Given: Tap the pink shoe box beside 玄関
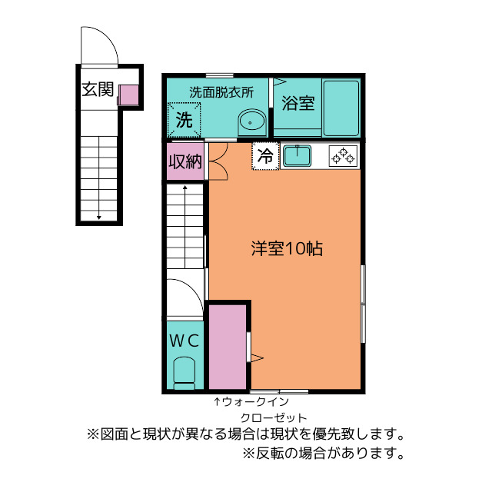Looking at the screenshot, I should click(128, 95).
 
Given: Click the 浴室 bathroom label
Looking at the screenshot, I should click(297, 103).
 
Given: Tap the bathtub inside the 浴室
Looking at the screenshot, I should click(341, 108).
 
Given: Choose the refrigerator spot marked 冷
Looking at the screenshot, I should click(265, 157).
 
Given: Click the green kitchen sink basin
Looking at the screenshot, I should click(296, 156).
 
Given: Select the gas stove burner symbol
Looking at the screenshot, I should click(343, 156).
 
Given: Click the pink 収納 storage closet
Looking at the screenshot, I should click(185, 162).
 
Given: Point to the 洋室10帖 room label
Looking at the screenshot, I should click(286, 248).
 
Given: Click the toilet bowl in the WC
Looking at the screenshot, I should click(184, 374).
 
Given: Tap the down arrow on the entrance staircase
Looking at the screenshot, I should click(99, 216).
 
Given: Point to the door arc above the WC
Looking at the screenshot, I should click(184, 296).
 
